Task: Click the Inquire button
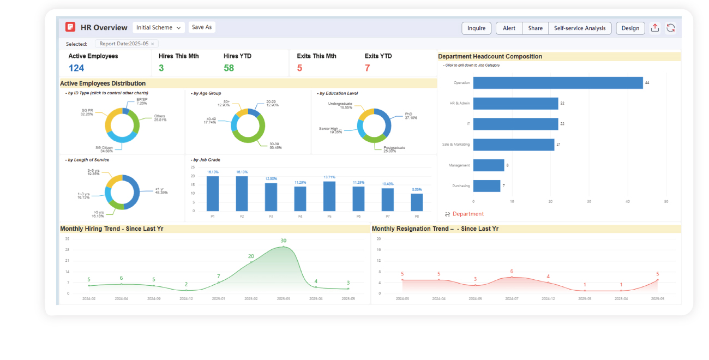point(476,28)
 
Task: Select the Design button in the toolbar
point(630,28)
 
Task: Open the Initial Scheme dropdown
point(159,27)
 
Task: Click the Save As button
point(202,27)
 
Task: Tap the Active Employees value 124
point(76,68)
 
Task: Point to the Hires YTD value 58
point(229,68)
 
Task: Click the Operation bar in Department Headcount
point(557,83)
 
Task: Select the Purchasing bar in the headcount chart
point(486,186)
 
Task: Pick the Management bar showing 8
point(488,165)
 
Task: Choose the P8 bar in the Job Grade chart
point(417,202)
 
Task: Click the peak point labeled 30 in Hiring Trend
point(284,247)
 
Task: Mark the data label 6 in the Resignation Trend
point(512,271)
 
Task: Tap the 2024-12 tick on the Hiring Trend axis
point(186,299)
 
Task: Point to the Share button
point(535,28)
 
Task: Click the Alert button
point(509,28)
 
